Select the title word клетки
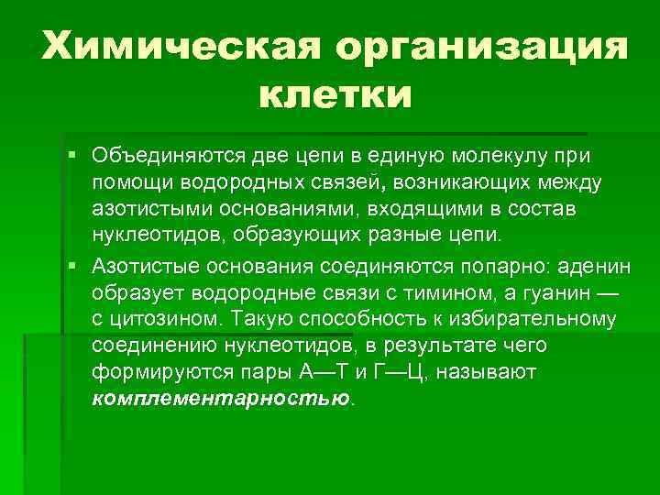335,93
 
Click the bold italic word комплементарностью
221,400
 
